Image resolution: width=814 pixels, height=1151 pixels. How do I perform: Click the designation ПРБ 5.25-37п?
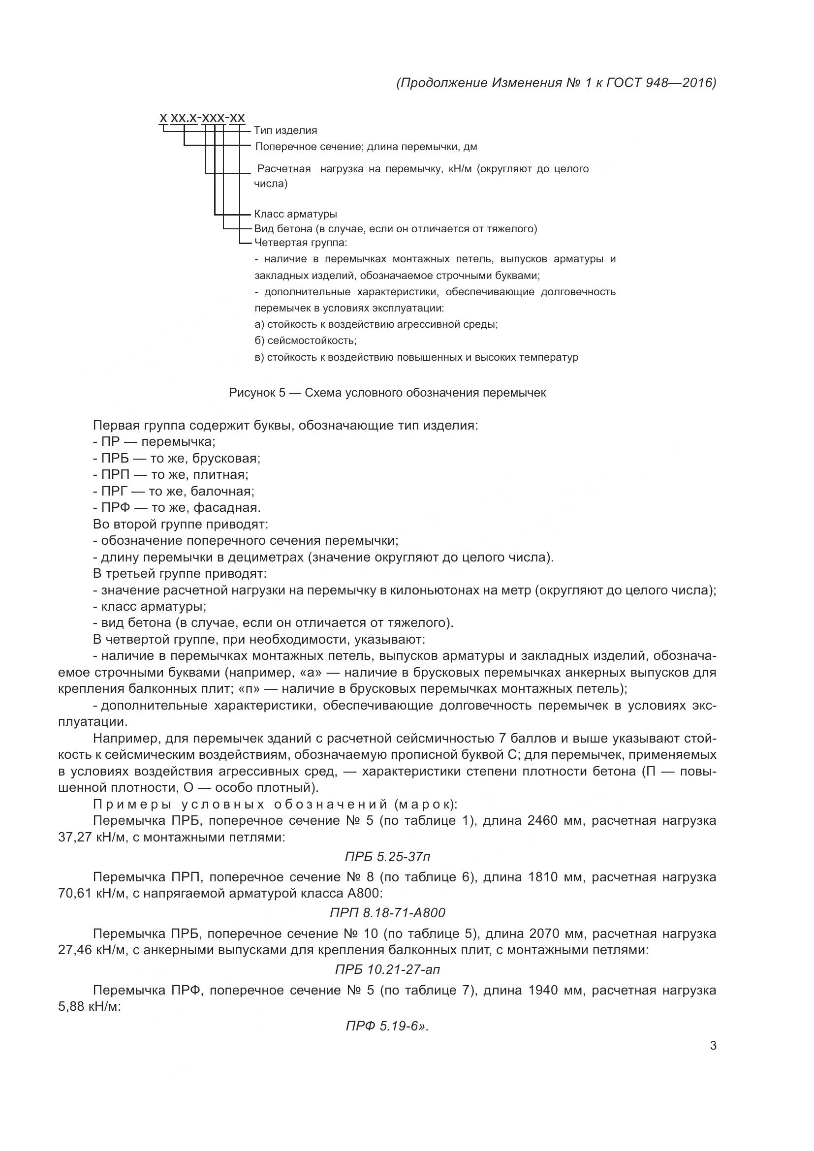pyautogui.click(x=387, y=857)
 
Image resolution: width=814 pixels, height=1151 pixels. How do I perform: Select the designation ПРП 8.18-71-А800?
pyautogui.click(x=387, y=913)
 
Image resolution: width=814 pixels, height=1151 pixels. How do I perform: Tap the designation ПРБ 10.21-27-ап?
pyautogui.click(x=387, y=969)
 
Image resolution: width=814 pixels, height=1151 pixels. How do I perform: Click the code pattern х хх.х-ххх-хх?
pyautogui.click(x=202, y=118)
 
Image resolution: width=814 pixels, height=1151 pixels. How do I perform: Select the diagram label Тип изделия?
pyautogui.click(x=285, y=130)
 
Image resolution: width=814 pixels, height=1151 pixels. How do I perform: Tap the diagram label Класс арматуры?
pyautogui.click(x=295, y=214)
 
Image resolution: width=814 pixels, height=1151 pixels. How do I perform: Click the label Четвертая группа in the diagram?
pyautogui.click(x=300, y=243)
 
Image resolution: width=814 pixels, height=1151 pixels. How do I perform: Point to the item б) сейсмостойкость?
pyautogui.click(x=305, y=341)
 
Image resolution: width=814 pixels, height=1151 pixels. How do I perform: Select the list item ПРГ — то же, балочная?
pyautogui.click(x=178, y=491)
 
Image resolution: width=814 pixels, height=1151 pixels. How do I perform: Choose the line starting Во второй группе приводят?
pyautogui.click(x=181, y=524)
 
